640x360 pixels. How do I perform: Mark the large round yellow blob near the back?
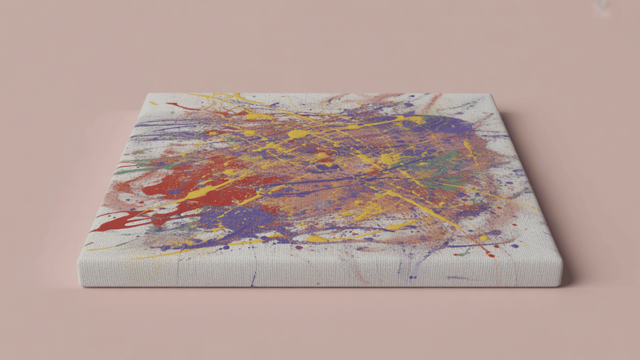297,134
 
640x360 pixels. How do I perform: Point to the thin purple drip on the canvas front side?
254,279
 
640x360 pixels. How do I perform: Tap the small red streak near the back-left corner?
177,106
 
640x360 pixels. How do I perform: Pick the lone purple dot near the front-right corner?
516,246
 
